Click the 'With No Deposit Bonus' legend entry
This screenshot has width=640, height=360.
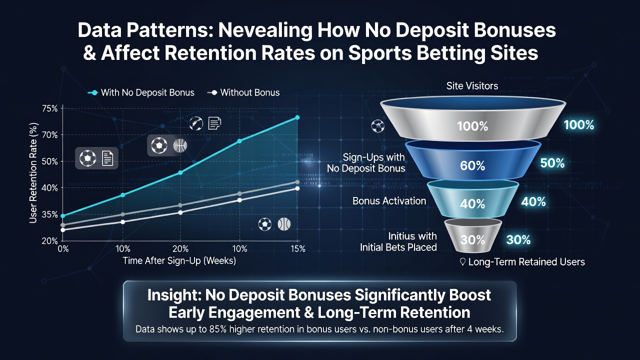(x=141, y=92)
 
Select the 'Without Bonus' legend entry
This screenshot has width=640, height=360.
(x=243, y=92)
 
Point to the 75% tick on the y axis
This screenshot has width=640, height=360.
(x=49, y=108)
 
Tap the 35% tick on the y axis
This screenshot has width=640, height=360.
(x=49, y=214)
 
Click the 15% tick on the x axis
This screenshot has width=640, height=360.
(x=298, y=249)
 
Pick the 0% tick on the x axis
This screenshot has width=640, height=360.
(x=63, y=249)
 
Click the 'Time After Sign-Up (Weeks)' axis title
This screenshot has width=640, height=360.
(x=179, y=261)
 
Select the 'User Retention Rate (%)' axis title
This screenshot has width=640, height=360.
(x=33, y=173)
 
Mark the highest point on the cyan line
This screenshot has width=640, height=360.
(x=297, y=117)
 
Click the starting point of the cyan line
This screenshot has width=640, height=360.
(x=63, y=215)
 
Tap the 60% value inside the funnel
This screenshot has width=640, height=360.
(x=472, y=165)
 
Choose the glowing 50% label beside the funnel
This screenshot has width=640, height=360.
(x=552, y=163)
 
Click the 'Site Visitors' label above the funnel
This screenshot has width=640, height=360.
(x=472, y=85)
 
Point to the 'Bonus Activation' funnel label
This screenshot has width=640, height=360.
(x=389, y=201)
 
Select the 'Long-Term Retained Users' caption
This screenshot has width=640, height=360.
(x=526, y=262)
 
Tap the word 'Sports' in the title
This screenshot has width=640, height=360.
(x=380, y=53)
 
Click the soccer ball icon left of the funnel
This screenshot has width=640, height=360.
(x=377, y=126)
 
